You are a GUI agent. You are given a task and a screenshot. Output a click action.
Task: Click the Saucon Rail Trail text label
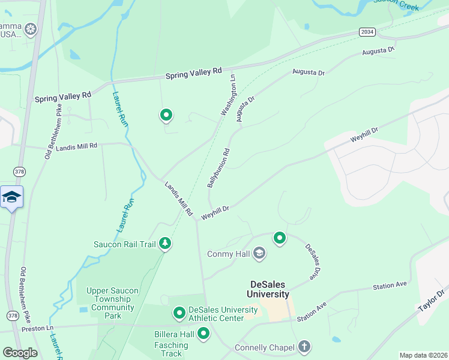pos(124,244)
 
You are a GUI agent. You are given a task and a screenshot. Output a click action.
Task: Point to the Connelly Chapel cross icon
pos(305,347)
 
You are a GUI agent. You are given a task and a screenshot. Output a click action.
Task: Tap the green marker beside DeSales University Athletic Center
pos(179,313)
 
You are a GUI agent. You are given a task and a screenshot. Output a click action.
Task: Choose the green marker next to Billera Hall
pos(203,333)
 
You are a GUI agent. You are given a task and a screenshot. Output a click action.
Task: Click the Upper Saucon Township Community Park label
pos(112,302)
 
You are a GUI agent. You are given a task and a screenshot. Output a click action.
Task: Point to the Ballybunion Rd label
pos(218,168)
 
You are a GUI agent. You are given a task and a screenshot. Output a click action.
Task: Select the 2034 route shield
pos(367,31)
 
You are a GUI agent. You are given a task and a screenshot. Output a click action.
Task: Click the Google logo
pos(20,353)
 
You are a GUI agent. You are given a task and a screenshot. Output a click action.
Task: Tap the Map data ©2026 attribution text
pos(423,355)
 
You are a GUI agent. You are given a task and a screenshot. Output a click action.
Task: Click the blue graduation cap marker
pos(11,197)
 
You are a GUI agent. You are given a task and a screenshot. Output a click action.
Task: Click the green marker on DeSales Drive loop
pos(279,238)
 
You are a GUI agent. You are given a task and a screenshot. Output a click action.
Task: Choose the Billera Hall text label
pos(171,334)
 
